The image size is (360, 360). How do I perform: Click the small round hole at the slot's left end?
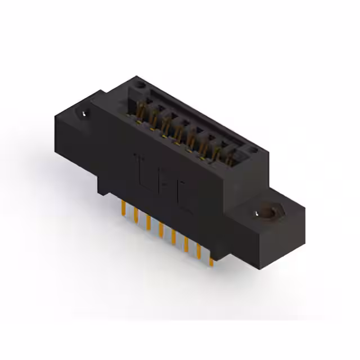140,86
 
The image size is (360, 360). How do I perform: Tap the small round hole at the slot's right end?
253,150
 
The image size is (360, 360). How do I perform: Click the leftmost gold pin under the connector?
123,209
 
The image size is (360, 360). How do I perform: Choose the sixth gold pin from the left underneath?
186,242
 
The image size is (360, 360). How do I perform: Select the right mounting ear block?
270,225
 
